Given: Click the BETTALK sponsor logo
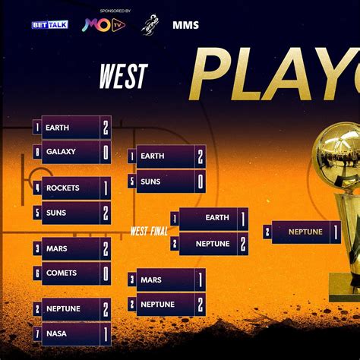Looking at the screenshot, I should point(49,25).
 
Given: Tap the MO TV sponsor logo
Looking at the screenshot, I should point(104,25).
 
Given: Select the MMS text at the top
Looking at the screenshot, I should point(185,25).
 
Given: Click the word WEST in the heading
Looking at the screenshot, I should point(123,76).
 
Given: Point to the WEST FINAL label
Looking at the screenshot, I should point(149,232).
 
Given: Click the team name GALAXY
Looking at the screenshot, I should point(61,152).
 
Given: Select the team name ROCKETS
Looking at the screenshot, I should point(62,188).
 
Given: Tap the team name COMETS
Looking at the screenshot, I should point(62,273).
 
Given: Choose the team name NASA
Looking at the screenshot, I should point(56,333).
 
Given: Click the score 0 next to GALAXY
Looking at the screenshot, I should point(106,152).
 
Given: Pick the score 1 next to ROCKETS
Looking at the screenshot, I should point(106,188).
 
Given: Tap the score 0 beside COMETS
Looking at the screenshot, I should point(106,273).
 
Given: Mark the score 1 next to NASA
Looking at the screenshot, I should point(106,333).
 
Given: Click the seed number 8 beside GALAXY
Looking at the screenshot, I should point(36,152).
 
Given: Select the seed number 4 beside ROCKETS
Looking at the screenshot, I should point(36,188).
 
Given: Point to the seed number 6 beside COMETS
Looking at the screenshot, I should point(36,273).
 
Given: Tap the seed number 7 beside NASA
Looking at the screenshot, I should point(36,333).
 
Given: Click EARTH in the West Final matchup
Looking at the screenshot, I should point(217,218).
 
